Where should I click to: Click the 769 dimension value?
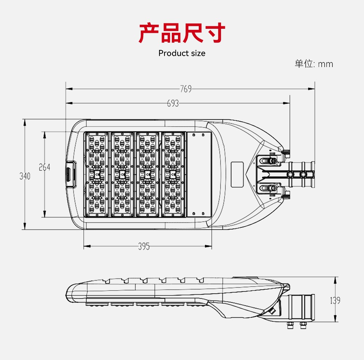pyautogui.click(x=186, y=89)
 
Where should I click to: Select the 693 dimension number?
pyautogui.click(x=173, y=103)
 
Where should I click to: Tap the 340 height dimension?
pyautogui.click(x=25, y=176)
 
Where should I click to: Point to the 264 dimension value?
pyautogui.click(x=44, y=167)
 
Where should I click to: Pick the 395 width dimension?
pyautogui.click(x=144, y=247)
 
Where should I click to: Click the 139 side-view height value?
pyautogui.click(x=335, y=301)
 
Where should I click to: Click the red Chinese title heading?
pyautogui.click(x=182, y=33)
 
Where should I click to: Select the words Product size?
pyautogui.click(x=182, y=53)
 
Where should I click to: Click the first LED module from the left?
pyautogui.click(x=96, y=175)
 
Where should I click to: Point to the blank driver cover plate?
pyautogui.click(x=199, y=174)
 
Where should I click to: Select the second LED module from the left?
pyautogui.click(x=122, y=175)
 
